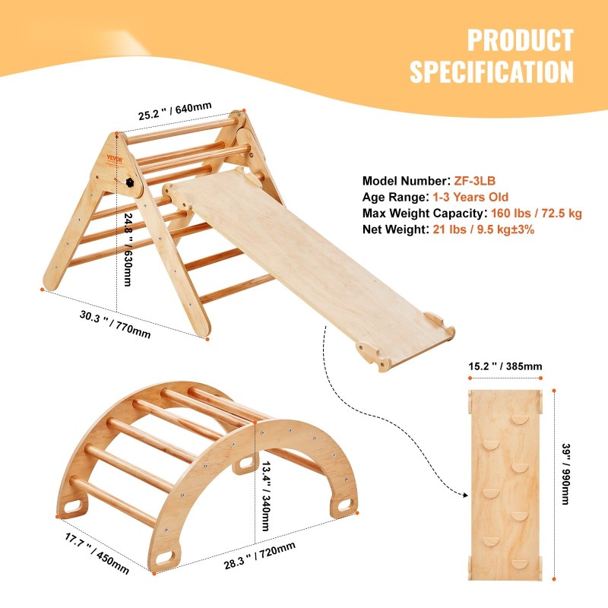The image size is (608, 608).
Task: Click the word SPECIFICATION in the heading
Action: (492, 72)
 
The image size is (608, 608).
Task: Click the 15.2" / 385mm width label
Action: (505, 366)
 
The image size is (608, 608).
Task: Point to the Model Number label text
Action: (404, 181)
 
